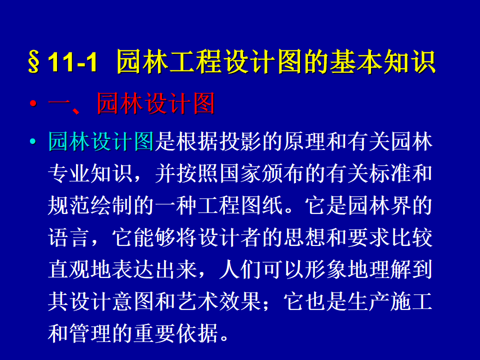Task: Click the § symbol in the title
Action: tap(33, 62)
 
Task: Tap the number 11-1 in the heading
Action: tap(73, 62)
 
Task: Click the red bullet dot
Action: tap(33, 103)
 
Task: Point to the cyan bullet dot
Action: tap(33, 141)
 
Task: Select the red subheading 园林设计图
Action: tap(155, 103)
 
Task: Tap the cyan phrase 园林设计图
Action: tap(101, 141)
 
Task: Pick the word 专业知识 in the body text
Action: tap(90, 173)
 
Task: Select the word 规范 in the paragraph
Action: tap(69, 205)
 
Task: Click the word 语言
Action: tap(69, 237)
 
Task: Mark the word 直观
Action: tap(69, 269)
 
